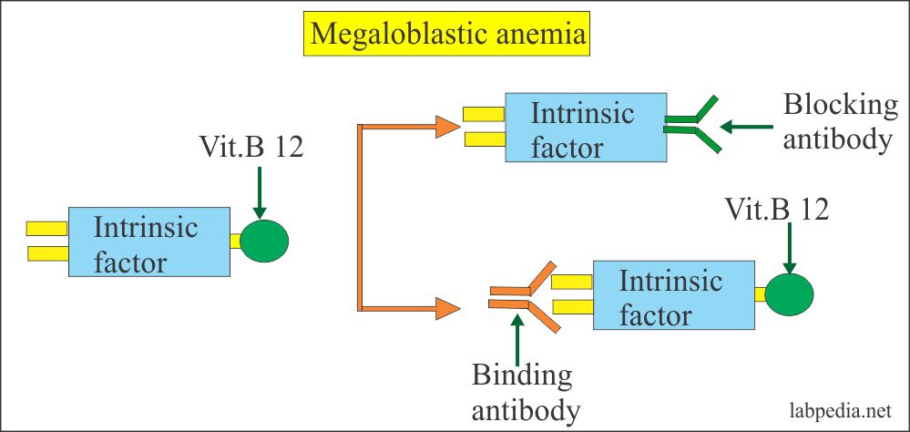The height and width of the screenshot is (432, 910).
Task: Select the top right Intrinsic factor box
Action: pyautogui.click(x=584, y=129)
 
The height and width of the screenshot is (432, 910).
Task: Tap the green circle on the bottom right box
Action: pyautogui.click(x=788, y=293)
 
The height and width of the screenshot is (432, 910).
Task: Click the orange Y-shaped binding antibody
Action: pyautogui.click(x=523, y=297)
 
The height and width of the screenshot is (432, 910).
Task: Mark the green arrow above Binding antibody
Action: pyautogui.click(x=517, y=336)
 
